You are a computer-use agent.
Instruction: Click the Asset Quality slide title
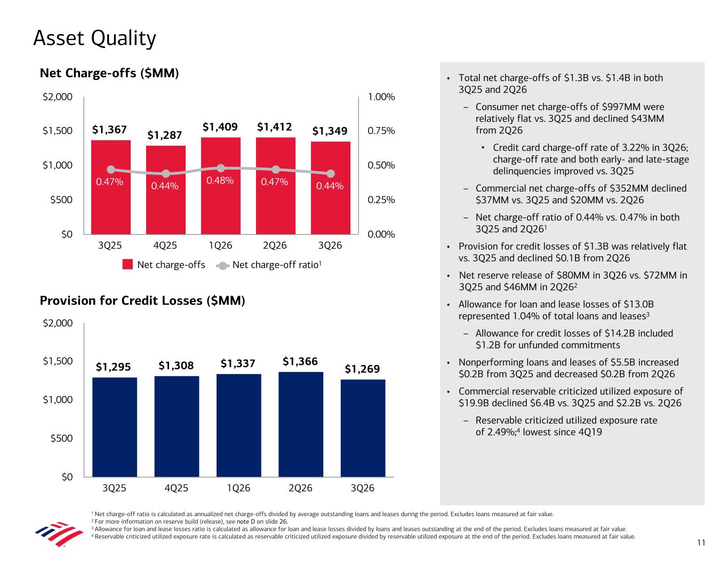click(94, 38)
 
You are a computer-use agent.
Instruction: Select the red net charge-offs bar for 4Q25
click(165, 189)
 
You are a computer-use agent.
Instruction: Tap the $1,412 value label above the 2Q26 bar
click(274, 126)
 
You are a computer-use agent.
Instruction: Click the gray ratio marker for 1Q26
click(220, 168)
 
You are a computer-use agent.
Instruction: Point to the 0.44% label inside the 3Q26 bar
click(330, 186)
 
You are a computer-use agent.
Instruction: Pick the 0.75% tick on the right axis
click(381, 130)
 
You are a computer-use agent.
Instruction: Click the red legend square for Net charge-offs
click(127, 264)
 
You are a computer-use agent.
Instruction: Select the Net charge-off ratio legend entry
click(269, 265)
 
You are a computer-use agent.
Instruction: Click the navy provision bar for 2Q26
click(300, 424)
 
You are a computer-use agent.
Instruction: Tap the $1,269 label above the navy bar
click(362, 369)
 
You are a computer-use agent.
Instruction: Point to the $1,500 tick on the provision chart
click(58, 361)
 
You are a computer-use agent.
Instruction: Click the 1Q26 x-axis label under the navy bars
click(238, 488)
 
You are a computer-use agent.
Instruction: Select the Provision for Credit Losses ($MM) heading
click(142, 300)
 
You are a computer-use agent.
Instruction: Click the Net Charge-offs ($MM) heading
click(109, 73)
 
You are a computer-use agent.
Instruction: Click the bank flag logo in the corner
click(59, 534)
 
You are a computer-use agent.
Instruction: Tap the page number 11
click(701, 543)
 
